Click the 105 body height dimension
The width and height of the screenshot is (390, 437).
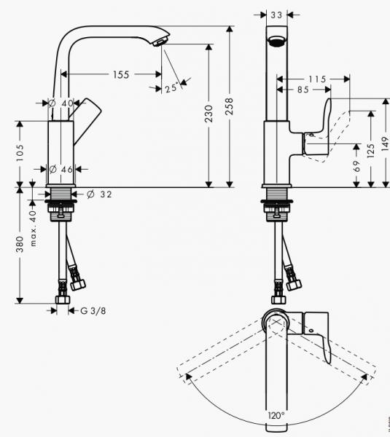tap(20, 152)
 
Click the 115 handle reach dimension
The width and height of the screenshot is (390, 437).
tap(315, 77)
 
